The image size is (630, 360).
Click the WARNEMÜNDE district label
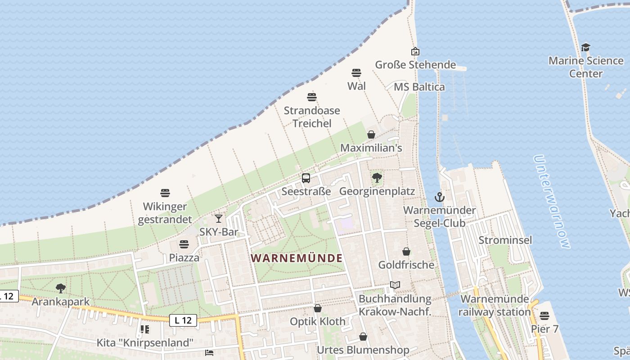297,258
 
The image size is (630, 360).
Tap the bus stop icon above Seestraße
306,178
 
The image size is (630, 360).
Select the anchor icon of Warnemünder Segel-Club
439,197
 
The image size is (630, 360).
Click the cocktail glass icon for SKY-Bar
219,219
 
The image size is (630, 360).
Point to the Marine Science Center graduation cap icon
585,47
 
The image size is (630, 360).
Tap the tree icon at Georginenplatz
377,178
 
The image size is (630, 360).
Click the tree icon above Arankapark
61,288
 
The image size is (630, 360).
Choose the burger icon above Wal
356,72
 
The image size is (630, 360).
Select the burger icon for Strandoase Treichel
312,97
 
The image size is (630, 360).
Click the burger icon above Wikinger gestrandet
165,193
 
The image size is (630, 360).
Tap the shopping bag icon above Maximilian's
371,134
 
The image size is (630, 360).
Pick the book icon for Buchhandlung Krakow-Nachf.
395,285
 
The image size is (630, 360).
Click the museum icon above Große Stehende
415,51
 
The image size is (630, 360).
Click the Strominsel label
505,240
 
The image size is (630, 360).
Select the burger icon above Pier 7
544,315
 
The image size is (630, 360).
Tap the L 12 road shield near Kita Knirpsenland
183,320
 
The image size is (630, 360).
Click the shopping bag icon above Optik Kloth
318,308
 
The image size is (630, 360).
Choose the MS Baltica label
419,87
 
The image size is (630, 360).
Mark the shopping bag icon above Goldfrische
406,251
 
